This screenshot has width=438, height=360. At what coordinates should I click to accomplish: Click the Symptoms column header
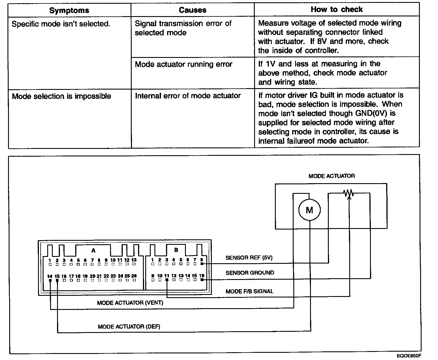pos(69,11)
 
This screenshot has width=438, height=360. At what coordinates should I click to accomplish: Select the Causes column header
pos(192,10)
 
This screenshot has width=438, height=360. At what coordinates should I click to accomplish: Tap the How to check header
pos(337,10)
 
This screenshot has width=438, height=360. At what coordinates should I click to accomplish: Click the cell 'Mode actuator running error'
pos(184,64)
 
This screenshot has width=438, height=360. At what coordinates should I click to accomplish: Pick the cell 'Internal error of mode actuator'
pos(188,96)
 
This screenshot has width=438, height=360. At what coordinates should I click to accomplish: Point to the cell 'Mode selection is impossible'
pos(61,96)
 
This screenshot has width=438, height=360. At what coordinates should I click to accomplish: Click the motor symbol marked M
pos(309,210)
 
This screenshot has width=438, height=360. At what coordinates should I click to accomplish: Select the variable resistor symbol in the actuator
pos(349,193)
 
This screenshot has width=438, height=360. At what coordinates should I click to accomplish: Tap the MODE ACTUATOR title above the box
pos(331,176)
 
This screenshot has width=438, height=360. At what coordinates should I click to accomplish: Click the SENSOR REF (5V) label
pos(249,258)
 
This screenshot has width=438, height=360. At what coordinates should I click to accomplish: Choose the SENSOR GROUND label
pos(250,273)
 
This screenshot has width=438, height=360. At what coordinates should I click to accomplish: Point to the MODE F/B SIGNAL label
pos(249,291)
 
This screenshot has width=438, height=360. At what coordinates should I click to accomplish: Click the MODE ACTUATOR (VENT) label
pos(130,303)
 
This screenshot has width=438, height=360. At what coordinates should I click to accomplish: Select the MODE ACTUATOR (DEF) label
pos(129,327)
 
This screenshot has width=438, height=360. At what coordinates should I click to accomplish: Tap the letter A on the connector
pos(93,251)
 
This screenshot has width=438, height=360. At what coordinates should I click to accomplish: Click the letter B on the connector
pos(176,250)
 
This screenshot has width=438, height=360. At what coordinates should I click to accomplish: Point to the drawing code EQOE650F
pos(411,356)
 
